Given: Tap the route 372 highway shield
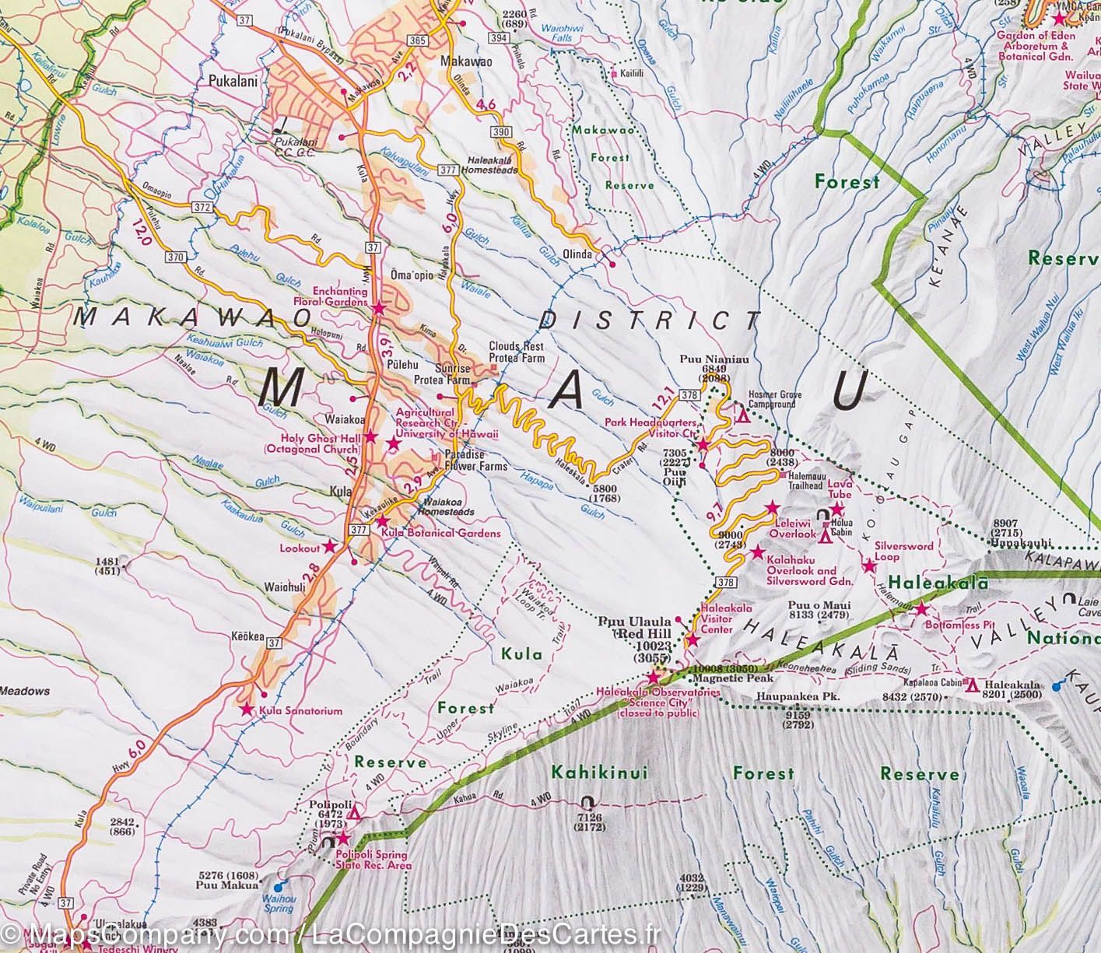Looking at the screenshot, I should click(x=202, y=205).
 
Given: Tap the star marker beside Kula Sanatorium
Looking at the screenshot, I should click(x=246, y=709).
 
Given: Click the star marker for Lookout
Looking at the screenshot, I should click(x=329, y=547).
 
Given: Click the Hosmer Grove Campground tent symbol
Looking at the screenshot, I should click(x=743, y=417).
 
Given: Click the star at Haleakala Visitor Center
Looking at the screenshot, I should click(x=692, y=640).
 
